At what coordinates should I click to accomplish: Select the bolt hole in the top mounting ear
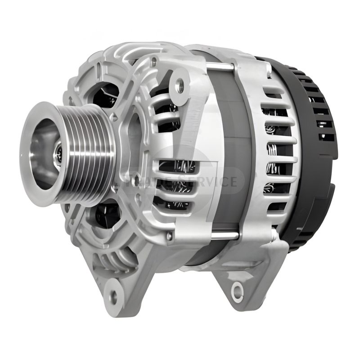click(180, 84)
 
